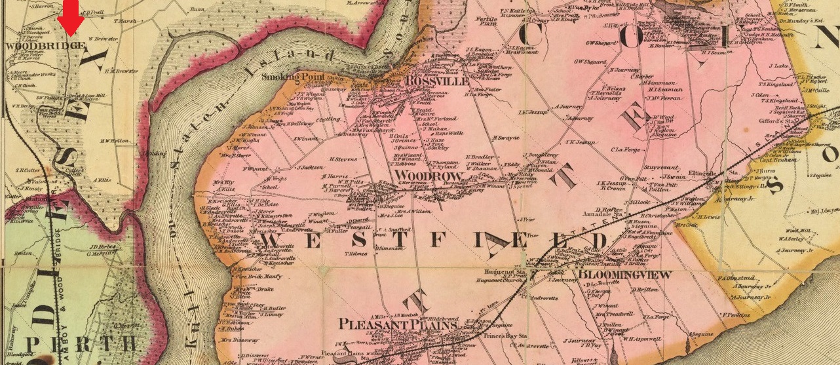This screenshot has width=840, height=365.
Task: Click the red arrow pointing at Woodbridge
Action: pyautogui.click(x=71, y=18)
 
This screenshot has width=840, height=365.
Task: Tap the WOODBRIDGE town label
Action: pyautogui.click(x=44, y=46)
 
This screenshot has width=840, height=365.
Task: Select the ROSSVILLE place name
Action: pyautogui.click(x=437, y=81)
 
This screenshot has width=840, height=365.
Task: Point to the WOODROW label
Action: pyautogui.click(x=423, y=176)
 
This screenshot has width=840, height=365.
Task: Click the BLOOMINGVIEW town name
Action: pyautogui.click(x=622, y=275)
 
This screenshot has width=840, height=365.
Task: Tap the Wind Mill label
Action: pyautogui.click(x=798, y=231)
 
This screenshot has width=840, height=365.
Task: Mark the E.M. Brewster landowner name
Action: pyautogui.click(x=121, y=71)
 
